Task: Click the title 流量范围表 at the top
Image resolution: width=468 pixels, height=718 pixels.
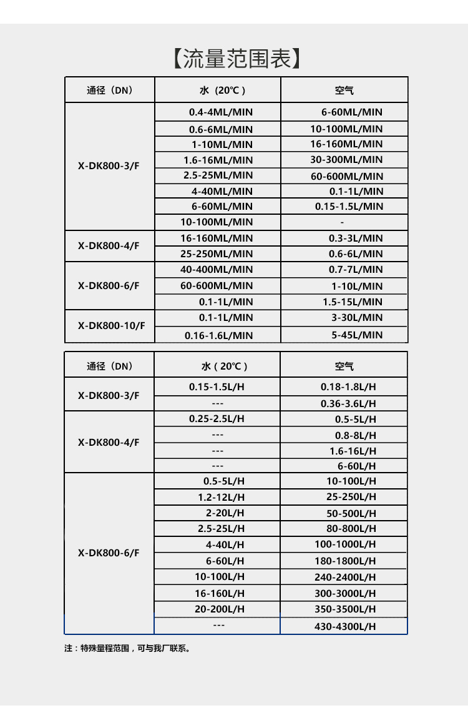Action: tap(236, 59)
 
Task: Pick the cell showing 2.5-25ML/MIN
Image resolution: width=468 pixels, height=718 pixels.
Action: tap(218, 175)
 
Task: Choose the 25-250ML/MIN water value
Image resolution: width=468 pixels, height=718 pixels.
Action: tap(217, 253)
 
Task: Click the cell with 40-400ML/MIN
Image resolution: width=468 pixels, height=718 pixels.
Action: tap(217, 270)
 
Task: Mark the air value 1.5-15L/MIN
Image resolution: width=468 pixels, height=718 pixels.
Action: tap(353, 302)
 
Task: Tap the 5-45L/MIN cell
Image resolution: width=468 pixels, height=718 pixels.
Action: tap(357, 335)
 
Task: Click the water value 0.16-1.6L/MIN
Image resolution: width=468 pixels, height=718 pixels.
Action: tap(218, 335)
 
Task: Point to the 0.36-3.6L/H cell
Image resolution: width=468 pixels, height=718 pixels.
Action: tap(348, 403)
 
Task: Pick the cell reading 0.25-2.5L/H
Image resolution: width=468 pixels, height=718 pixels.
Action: tap(217, 418)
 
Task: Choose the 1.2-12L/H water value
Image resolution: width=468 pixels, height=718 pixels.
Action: tap(222, 497)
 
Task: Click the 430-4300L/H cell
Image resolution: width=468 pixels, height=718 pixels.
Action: tap(345, 626)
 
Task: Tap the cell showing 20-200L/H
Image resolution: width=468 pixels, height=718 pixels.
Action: tap(220, 609)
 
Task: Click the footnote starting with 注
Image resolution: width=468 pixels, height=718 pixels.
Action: tap(127, 648)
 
